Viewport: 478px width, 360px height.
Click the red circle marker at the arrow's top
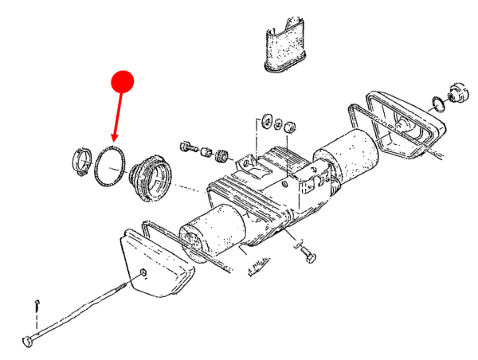(122, 80)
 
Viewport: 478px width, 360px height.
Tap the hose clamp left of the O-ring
(82, 158)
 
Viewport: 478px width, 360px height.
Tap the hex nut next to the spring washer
(290, 125)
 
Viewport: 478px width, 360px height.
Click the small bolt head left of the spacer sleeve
(188, 147)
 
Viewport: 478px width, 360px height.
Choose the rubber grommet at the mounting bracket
(223, 153)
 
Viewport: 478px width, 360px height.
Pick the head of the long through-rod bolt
(29, 341)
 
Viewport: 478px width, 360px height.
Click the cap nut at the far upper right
(458, 92)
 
